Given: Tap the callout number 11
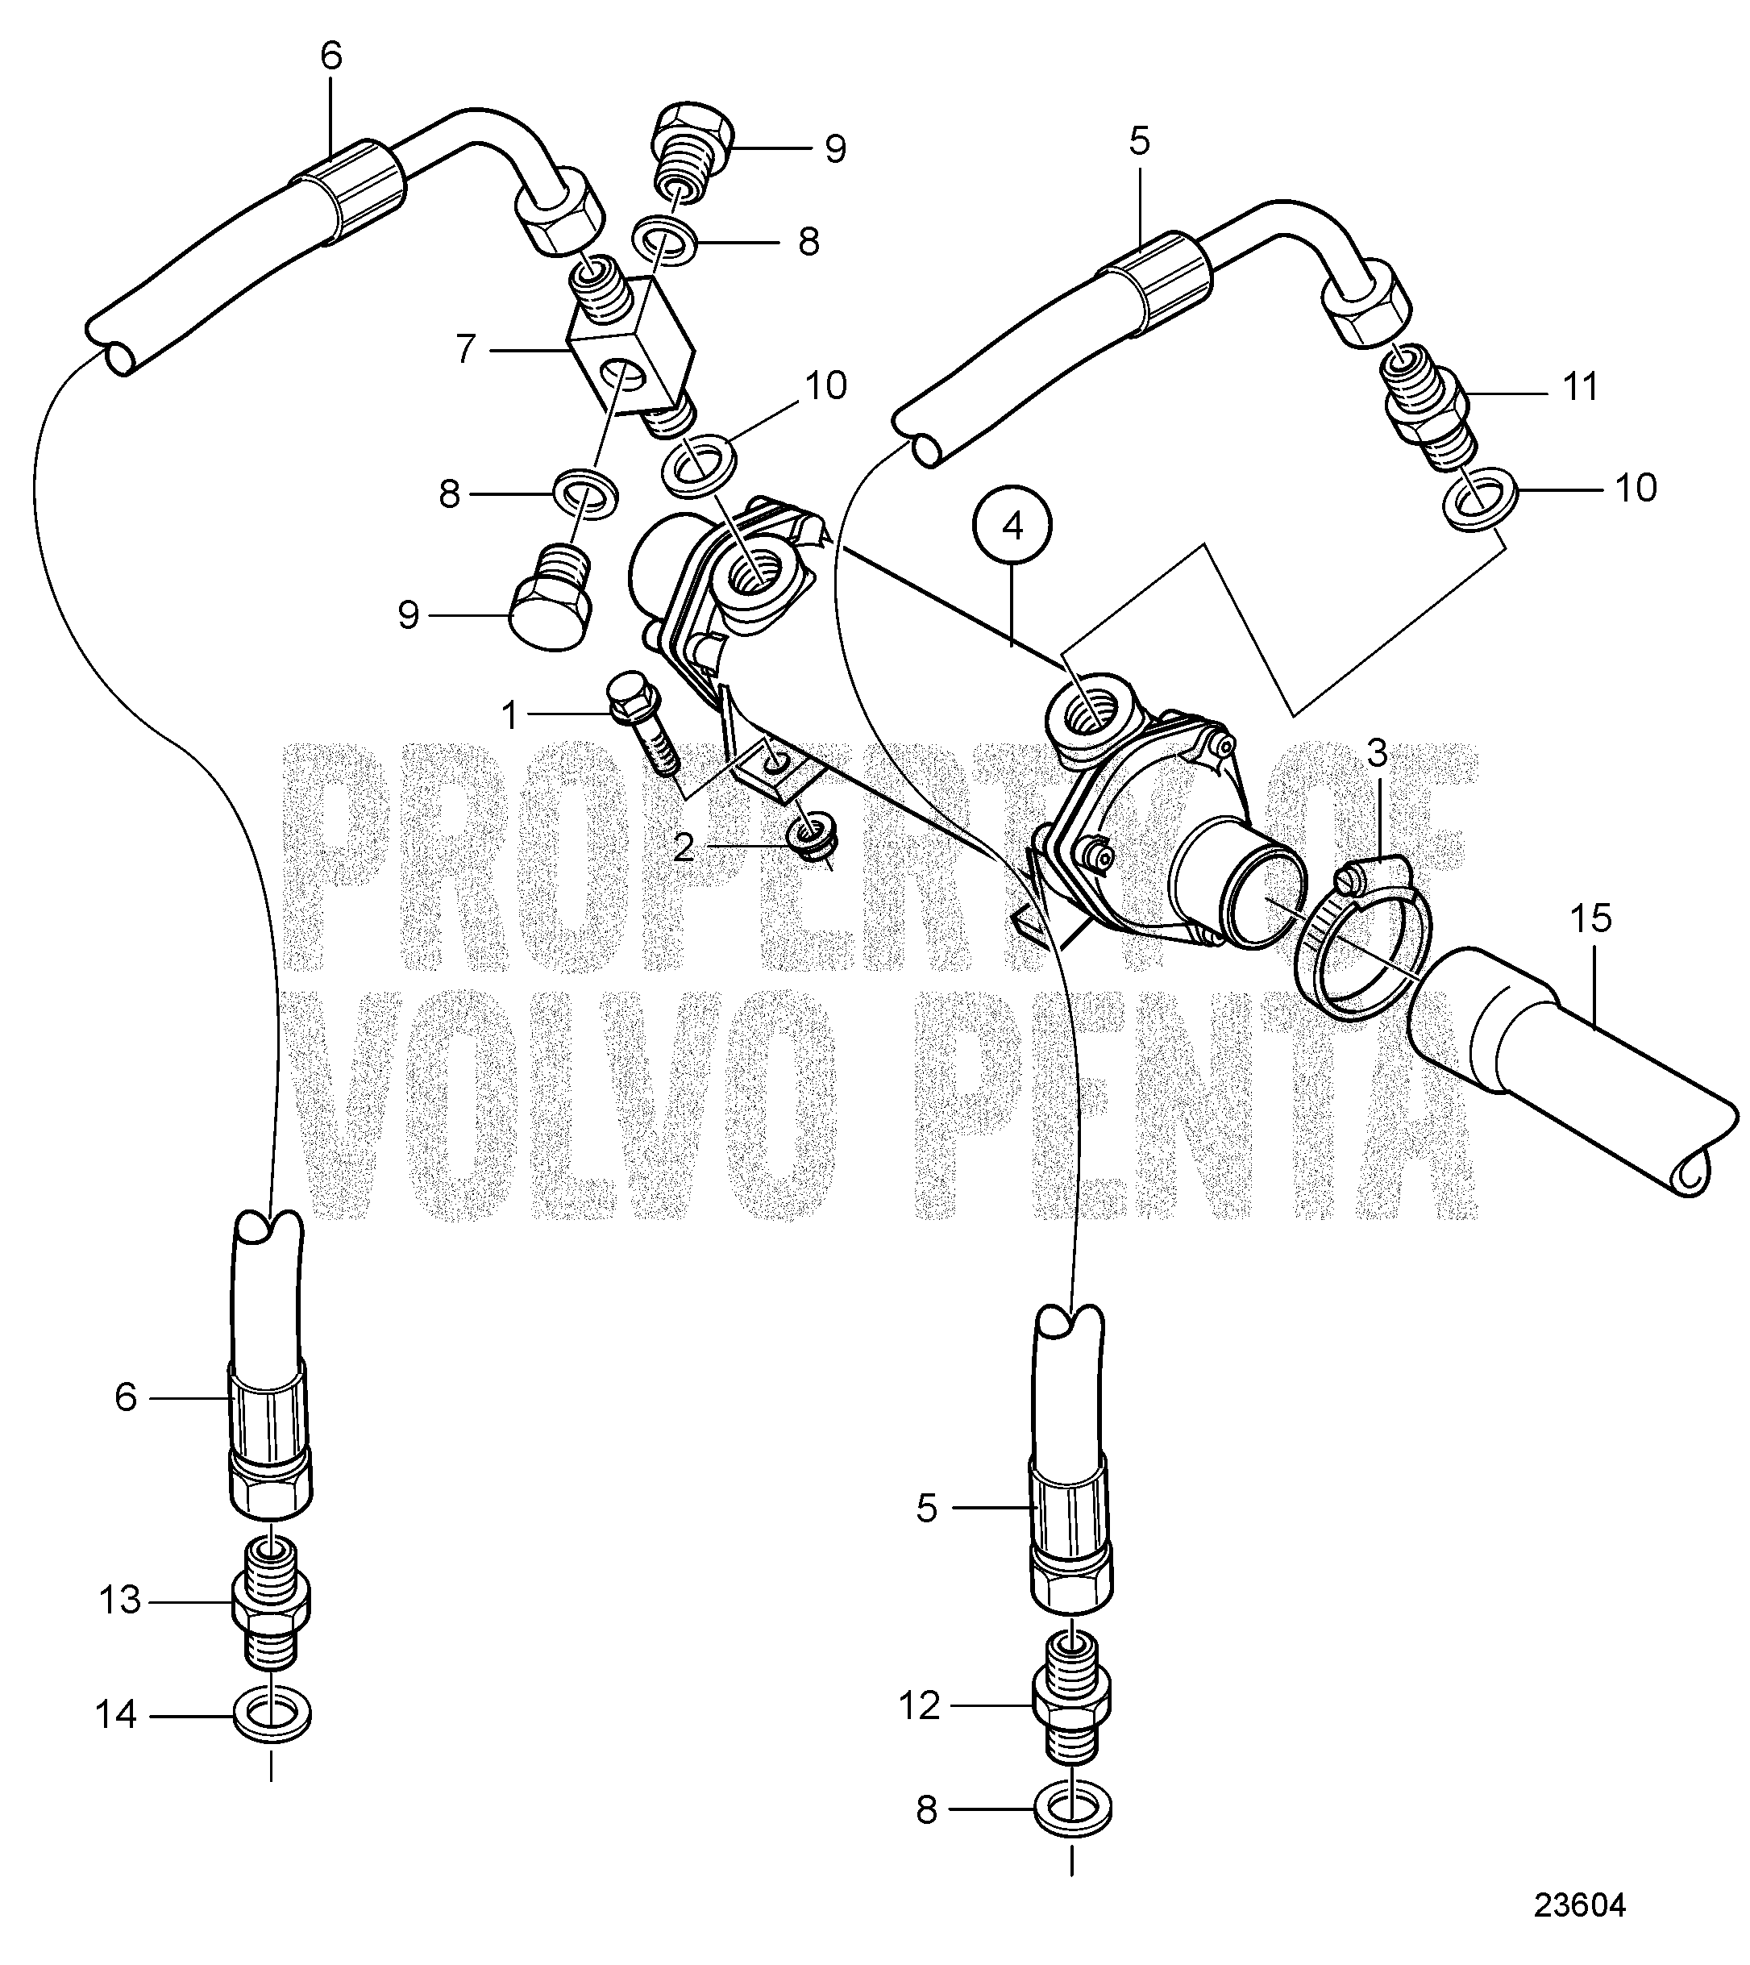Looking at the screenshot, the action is coord(1580,387).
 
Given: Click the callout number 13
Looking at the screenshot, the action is coord(120,1601).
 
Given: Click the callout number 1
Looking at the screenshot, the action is coord(509,714).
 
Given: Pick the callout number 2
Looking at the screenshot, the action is coord(684,847).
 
